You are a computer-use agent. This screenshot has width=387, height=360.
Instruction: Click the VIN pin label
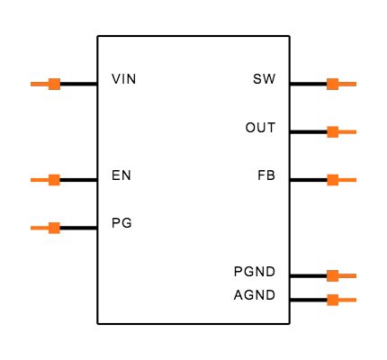click(124, 79)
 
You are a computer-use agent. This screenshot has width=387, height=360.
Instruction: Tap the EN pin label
click(121, 175)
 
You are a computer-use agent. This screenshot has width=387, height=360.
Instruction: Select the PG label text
click(121, 222)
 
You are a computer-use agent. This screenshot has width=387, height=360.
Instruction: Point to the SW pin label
click(265, 79)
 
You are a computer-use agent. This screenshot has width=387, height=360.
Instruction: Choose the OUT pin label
click(260, 128)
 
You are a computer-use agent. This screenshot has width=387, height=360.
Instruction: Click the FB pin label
click(266, 175)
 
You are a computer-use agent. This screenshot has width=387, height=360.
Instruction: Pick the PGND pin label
click(255, 272)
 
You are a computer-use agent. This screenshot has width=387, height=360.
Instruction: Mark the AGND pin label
click(255, 295)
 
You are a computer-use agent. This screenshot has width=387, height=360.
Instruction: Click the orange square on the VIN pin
click(54, 84)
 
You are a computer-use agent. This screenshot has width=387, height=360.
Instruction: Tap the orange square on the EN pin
click(54, 180)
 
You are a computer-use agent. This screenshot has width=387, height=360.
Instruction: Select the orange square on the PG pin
click(54, 228)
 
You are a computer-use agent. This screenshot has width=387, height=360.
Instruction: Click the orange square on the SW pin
click(332, 84)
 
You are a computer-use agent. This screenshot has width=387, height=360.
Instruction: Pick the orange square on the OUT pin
click(332, 131)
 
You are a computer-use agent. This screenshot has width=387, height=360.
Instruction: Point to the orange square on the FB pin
click(332, 180)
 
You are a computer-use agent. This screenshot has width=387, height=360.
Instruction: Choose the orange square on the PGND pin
click(332, 275)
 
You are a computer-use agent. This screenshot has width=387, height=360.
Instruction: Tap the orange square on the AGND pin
click(332, 299)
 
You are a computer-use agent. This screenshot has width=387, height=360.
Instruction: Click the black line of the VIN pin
click(78, 84)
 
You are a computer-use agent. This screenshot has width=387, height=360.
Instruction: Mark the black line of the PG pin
click(78, 228)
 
